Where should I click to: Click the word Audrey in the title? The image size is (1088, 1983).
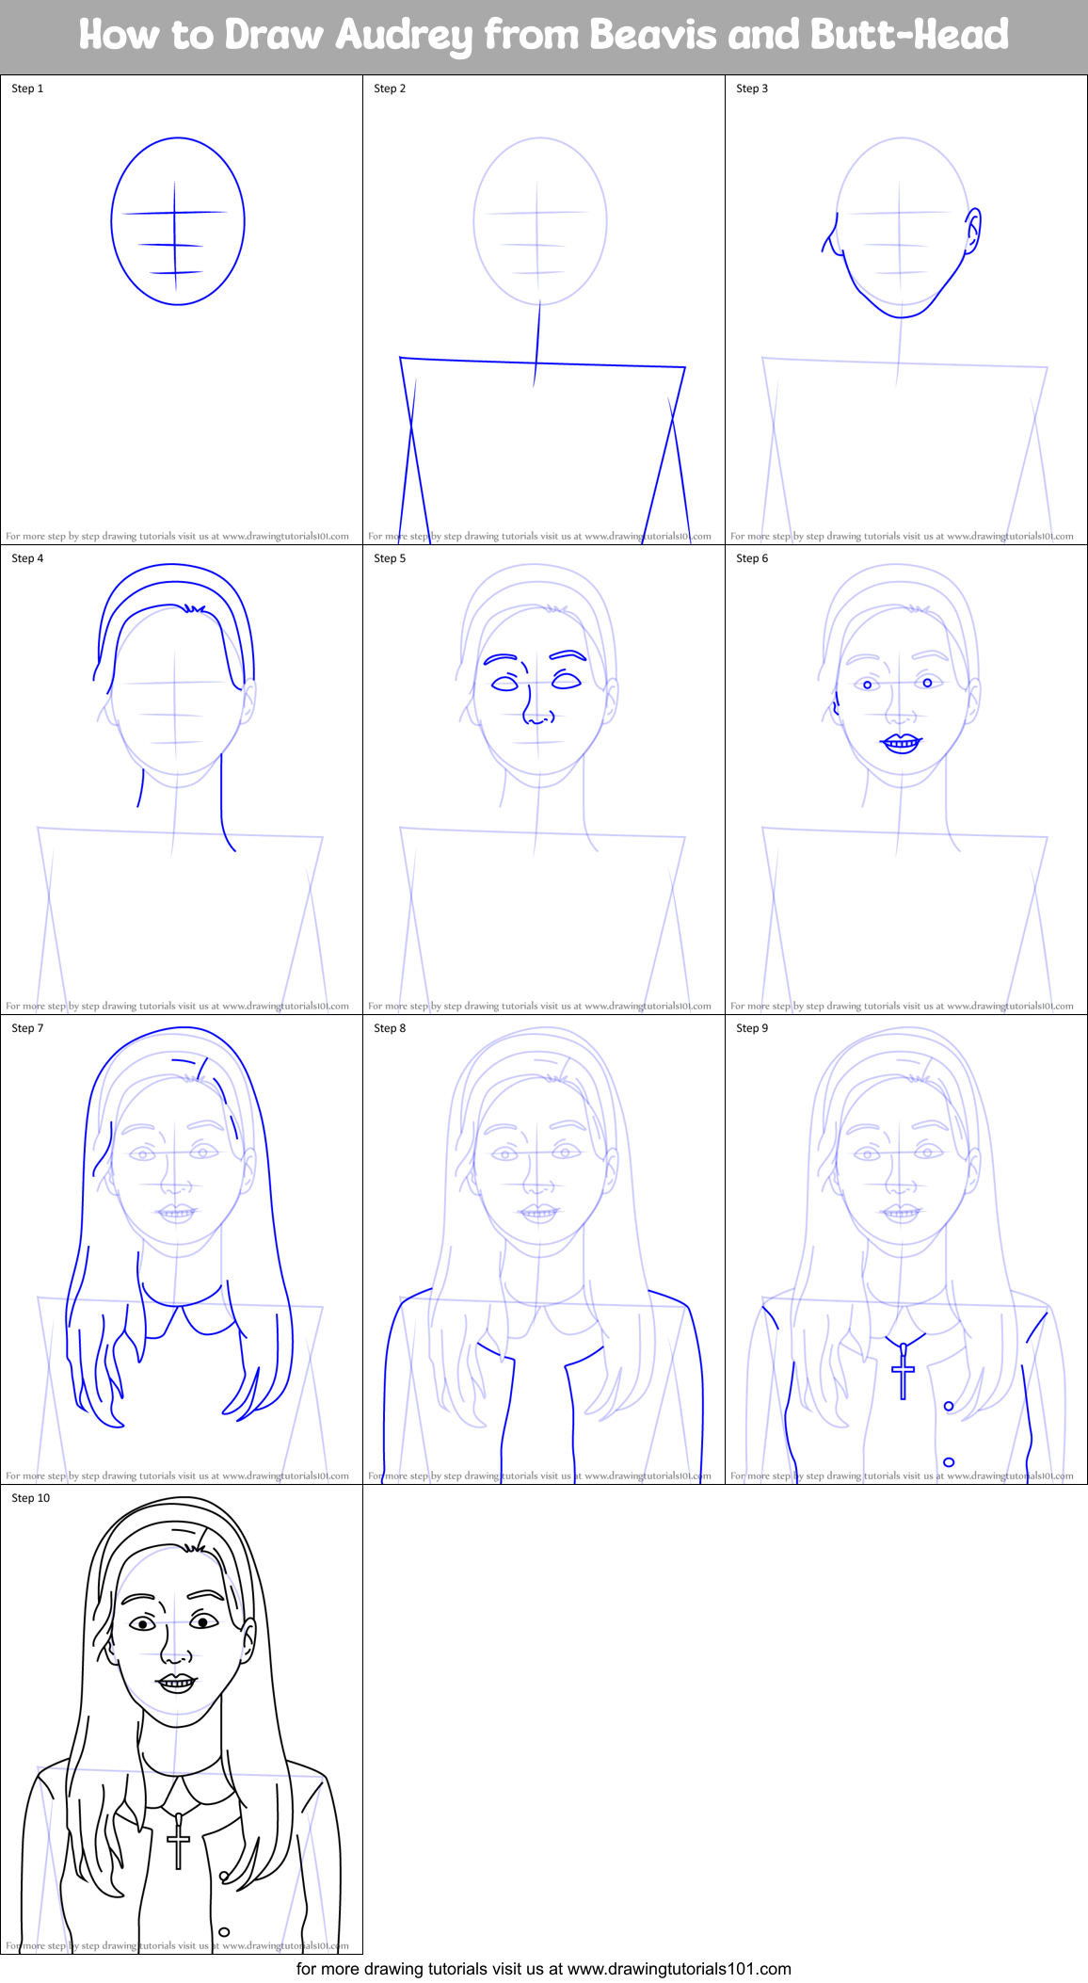tap(405, 36)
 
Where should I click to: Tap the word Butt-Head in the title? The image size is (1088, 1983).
tap(909, 35)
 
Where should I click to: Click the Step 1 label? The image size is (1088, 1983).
tap(27, 89)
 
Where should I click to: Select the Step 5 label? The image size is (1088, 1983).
tap(390, 558)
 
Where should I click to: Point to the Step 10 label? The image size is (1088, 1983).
tap(30, 1498)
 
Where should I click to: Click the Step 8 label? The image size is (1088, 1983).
tap(390, 1028)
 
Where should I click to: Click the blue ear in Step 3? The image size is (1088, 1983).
tap(973, 231)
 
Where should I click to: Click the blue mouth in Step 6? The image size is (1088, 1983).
tap(901, 743)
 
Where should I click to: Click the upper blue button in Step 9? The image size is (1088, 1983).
tap(949, 1406)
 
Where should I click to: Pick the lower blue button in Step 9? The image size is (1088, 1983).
tap(949, 1462)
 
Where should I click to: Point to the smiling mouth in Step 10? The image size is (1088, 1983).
tap(176, 1682)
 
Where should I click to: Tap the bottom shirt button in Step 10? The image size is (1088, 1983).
tap(224, 1932)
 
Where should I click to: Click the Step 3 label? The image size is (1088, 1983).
tap(752, 89)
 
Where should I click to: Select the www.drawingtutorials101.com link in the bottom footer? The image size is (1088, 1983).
tap(679, 1969)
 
